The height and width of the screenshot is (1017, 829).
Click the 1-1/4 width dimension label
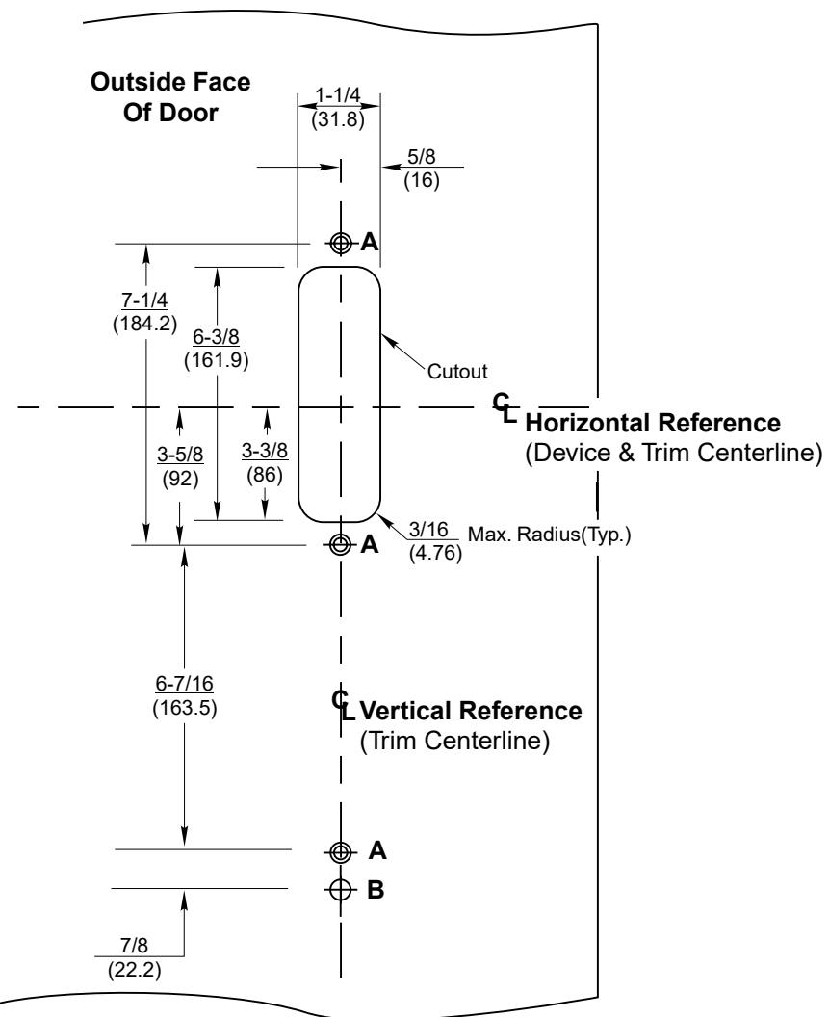tap(337, 95)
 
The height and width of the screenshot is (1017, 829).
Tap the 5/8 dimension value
tap(422, 157)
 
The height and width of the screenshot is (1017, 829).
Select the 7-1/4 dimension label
tap(144, 300)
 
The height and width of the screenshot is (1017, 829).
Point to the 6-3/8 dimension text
tap(216, 337)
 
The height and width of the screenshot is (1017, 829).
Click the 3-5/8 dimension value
tap(180, 455)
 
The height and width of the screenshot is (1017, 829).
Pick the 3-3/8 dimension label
tap(265, 450)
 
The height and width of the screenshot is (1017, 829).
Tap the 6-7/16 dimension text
tap(184, 684)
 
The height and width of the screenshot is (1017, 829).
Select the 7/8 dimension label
tap(134, 946)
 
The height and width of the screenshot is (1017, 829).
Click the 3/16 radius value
tap(428, 530)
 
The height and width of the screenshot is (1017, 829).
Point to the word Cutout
tap(457, 372)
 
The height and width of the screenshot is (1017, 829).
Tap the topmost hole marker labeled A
tap(341, 244)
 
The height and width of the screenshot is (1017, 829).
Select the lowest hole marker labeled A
tap(341, 851)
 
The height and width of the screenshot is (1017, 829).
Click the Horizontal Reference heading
tap(653, 423)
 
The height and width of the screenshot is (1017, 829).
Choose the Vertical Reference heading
tap(471, 711)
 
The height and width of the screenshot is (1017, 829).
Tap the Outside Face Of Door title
tap(170, 97)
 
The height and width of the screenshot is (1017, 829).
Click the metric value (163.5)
tap(185, 707)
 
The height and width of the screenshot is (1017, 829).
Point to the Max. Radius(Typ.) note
tap(550, 535)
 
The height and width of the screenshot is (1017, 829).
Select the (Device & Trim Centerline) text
tap(673, 452)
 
